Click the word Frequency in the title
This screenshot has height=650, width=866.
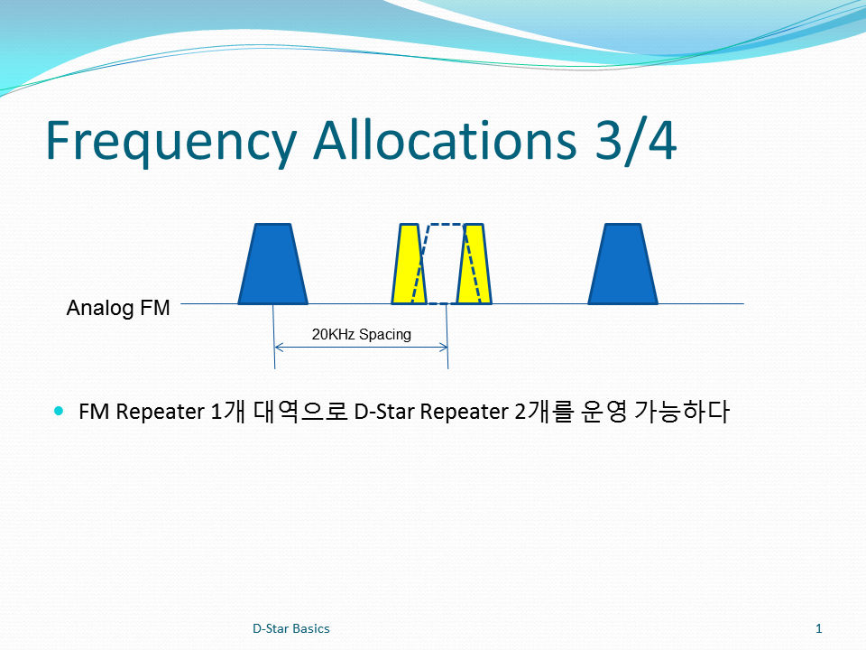pyautogui.click(x=171, y=142)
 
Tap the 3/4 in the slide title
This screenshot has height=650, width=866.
pyautogui.click(x=636, y=141)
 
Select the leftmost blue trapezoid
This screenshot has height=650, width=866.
pyautogui.click(x=272, y=265)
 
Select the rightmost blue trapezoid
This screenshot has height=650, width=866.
pyautogui.click(x=623, y=265)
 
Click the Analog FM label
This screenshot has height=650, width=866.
pyautogui.click(x=118, y=308)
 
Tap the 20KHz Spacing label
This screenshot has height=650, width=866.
pyautogui.click(x=362, y=334)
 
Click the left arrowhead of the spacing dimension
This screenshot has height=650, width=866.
pyautogui.click(x=278, y=347)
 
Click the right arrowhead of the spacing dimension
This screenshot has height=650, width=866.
pyautogui.click(x=444, y=347)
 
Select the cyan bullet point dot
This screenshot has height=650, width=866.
pyautogui.click(x=60, y=411)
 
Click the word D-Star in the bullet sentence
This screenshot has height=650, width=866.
pyautogui.click(x=385, y=412)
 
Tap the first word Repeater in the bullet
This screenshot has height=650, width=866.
pyautogui.click(x=161, y=413)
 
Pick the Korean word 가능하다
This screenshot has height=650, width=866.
pyautogui.click(x=682, y=412)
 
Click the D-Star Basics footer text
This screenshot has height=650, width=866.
pyautogui.click(x=291, y=628)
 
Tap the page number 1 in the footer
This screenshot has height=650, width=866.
pyautogui.click(x=819, y=628)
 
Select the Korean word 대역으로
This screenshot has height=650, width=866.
pyautogui.click(x=299, y=412)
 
